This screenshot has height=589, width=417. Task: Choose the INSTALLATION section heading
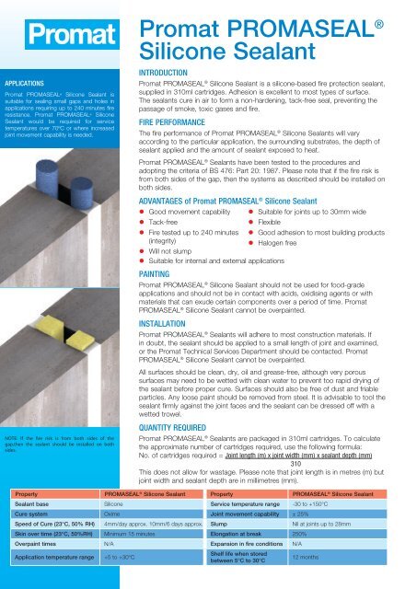pyautogui.click(x=166, y=324)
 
